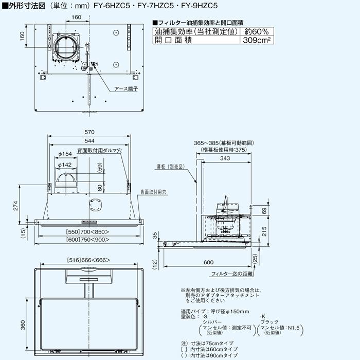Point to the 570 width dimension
(89, 131)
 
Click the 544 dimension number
(89, 141)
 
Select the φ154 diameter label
(65, 154)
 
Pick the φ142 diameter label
(65, 165)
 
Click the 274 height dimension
(16, 206)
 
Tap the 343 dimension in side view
(224, 158)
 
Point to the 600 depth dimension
(208, 262)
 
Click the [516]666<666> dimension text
(89, 260)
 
